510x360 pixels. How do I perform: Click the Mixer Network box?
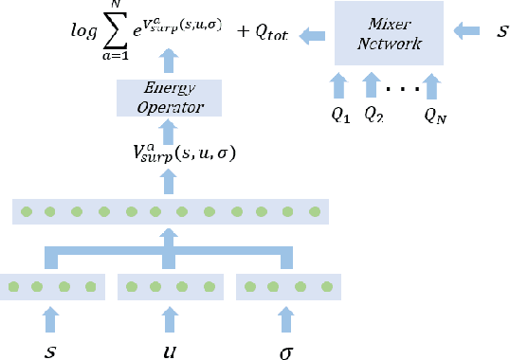pos(388,34)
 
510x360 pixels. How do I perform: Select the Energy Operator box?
pos(168,96)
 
